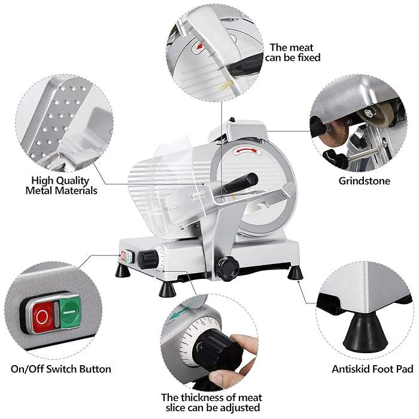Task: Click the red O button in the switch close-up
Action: point(42,317)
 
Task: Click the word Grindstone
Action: point(364,181)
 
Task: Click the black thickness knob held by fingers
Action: point(217,350)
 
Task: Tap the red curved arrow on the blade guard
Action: point(247,151)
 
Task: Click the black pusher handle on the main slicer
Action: point(241,183)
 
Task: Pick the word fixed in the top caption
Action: point(309,57)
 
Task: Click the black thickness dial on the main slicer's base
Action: point(148,259)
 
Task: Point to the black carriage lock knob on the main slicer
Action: point(227,268)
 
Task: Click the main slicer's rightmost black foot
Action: point(295,272)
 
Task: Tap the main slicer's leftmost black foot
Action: point(123,270)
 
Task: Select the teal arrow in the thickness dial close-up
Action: point(180,312)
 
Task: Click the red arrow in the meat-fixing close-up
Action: point(200,47)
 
